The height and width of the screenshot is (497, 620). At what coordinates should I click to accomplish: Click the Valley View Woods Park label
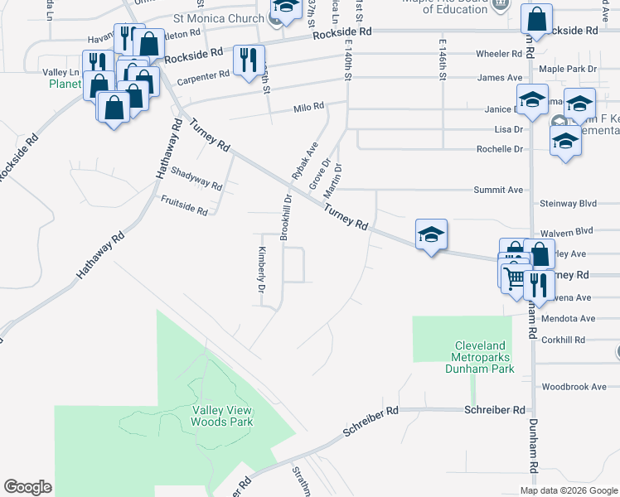[x=222, y=416]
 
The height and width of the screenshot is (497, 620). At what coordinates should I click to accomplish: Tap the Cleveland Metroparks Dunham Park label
[x=484, y=357]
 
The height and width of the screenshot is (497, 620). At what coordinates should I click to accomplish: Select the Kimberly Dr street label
[x=261, y=270]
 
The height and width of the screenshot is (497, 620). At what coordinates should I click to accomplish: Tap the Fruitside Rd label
[x=184, y=205]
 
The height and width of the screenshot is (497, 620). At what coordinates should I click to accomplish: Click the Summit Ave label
[x=498, y=190]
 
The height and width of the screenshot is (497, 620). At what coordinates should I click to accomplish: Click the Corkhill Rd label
[x=563, y=340]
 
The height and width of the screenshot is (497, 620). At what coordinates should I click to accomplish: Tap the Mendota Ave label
[x=568, y=318]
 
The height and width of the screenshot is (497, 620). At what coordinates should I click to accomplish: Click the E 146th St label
[x=443, y=60]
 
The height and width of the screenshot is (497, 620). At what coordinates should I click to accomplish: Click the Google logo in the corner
[x=27, y=486]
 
